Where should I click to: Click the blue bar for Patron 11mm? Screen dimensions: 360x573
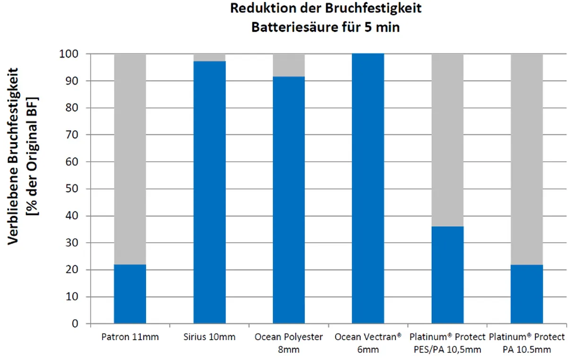tap(130, 294)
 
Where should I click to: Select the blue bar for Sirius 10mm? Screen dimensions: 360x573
tap(209, 193)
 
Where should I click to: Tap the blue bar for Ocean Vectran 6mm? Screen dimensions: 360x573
tap(368, 189)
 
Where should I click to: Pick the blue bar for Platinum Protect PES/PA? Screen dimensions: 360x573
tap(447, 275)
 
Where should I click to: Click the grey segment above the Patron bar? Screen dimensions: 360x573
tap(130, 159)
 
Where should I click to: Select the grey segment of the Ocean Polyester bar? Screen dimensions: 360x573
tap(288, 65)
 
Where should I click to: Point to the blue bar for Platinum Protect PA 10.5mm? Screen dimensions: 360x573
tap(527, 294)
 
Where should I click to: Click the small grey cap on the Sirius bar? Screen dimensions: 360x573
tap(209, 58)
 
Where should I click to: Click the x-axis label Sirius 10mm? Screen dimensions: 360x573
tap(209, 337)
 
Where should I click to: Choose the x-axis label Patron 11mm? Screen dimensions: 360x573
tap(130, 337)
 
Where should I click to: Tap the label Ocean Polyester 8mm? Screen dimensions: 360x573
tap(288, 343)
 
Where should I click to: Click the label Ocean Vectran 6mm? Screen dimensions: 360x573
tap(368, 343)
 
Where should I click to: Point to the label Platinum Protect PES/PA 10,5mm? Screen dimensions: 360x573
tap(447, 343)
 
